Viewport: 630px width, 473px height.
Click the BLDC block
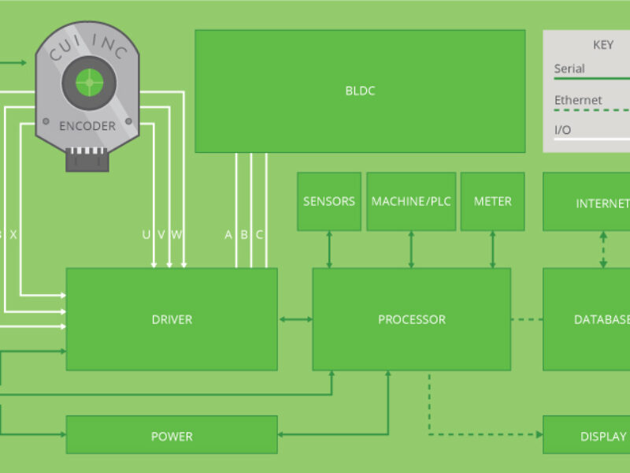[x=360, y=91]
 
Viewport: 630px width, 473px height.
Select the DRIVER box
[x=172, y=319]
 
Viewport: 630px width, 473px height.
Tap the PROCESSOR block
[x=411, y=319]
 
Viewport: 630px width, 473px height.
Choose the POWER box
[x=172, y=436]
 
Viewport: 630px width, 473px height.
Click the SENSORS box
[x=329, y=202]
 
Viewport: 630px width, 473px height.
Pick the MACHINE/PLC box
[x=411, y=202]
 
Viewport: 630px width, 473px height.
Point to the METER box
[x=492, y=202]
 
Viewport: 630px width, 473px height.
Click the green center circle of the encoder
[x=89, y=81]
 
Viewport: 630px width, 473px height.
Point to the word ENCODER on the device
[x=87, y=125]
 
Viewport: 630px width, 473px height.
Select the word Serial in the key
[x=569, y=69]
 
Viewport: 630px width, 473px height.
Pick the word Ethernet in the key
[x=578, y=100]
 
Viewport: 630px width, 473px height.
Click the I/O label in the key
[x=563, y=128]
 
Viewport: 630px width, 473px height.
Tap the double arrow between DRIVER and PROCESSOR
[x=295, y=319]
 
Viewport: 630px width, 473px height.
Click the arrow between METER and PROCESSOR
[x=493, y=250]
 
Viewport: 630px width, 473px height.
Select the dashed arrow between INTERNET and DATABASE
[x=603, y=250]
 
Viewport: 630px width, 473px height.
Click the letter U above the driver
[x=146, y=234]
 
